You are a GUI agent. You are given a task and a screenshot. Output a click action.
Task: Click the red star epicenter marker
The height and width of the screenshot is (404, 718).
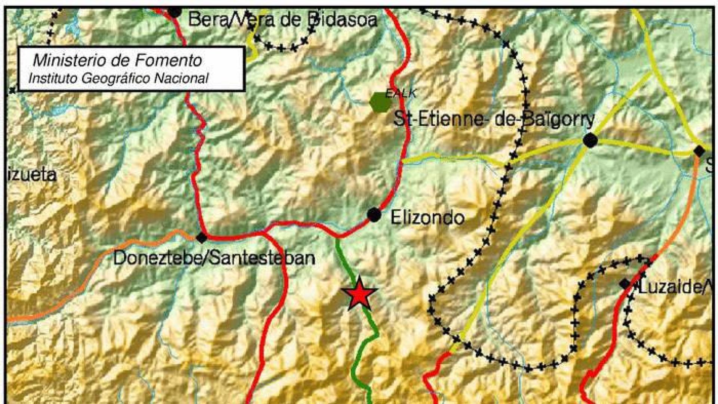click(x=359, y=294)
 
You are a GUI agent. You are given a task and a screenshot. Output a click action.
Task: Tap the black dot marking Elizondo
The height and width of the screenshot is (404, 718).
click(x=374, y=215)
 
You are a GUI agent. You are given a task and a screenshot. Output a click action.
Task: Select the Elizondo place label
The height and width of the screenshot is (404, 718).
click(x=427, y=217)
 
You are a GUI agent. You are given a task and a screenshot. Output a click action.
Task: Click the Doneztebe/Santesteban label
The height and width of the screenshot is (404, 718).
click(x=214, y=258)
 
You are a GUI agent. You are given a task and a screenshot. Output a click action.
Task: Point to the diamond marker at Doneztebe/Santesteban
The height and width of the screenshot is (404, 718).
click(x=202, y=237)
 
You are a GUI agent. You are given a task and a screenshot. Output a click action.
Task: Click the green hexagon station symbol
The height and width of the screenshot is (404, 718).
click(x=380, y=102)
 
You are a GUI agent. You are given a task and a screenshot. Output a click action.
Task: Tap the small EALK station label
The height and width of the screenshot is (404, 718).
click(x=401, y=93)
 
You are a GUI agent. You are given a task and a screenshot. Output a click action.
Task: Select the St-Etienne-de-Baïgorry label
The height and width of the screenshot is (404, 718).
click(x=494, y=120)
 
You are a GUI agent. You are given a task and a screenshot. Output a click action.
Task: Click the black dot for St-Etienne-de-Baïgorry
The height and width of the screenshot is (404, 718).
click(x=590, y=141)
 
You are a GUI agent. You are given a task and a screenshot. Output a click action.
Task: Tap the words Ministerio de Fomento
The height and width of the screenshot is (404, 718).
click(x=117, y=60)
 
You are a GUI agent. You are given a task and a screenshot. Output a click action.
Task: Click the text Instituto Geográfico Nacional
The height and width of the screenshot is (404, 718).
click(x=119, y=78)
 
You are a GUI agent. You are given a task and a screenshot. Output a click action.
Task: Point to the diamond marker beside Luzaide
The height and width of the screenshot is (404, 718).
click(x=625, y=284)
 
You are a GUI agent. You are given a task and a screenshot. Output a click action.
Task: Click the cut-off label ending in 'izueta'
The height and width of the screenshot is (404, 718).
click(x=32, y=175)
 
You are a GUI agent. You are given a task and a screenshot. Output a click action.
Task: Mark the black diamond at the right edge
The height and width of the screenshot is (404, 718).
click(x=699, y=151)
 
